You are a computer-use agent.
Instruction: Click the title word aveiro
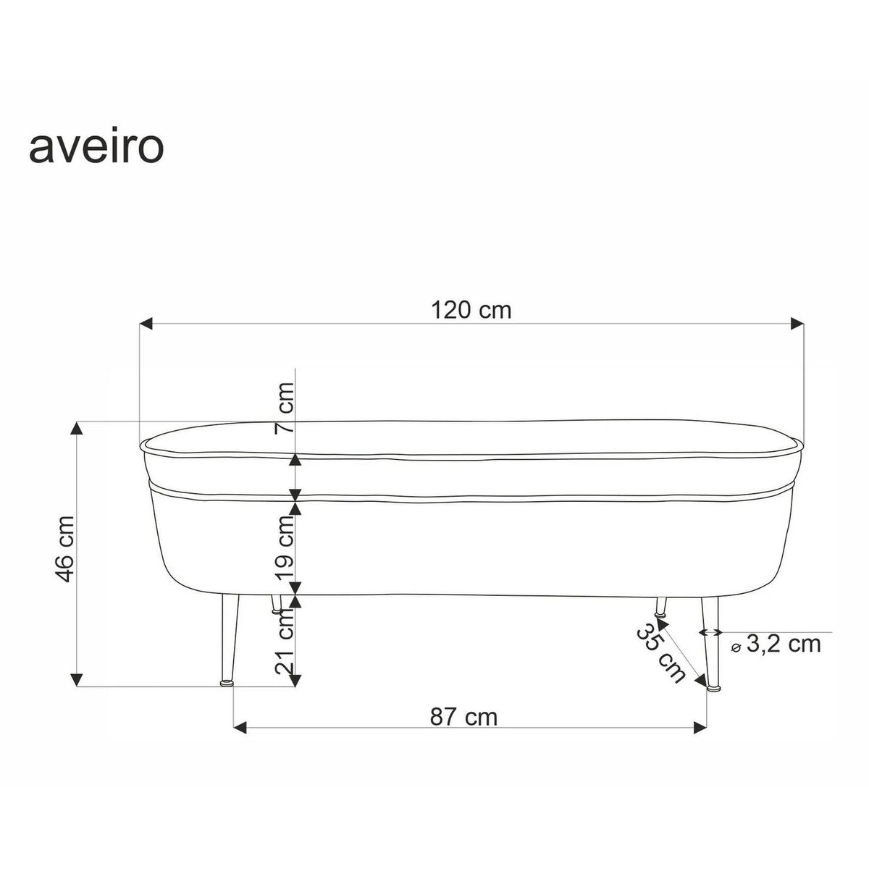coord(96,148)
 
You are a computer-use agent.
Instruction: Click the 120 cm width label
coord(471,310)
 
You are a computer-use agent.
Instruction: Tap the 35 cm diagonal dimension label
coord(660,652)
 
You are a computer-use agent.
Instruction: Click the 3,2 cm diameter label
coord(783,643)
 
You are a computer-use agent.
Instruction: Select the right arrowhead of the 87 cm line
coord(699,729)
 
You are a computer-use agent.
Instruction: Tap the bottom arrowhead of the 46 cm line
coord(77,679)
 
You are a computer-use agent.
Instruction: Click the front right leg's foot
coord(715,687)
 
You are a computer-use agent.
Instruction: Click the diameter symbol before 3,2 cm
coord(736,647)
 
